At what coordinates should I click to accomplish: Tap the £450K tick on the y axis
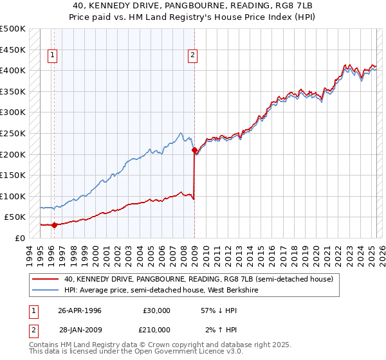tap(13, 50)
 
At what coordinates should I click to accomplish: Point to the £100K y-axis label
tap(13, 196)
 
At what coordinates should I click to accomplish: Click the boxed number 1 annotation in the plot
tap(53, 56)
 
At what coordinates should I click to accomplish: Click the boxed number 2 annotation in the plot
tap(192, 56)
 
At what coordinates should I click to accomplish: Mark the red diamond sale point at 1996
tap(54, 225)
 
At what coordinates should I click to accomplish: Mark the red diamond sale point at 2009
tap(194, 150)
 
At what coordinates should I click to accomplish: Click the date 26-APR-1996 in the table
tap(80, 310)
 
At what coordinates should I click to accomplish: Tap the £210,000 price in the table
tap(156, 329)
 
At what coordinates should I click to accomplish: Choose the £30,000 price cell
tap(156, 310)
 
